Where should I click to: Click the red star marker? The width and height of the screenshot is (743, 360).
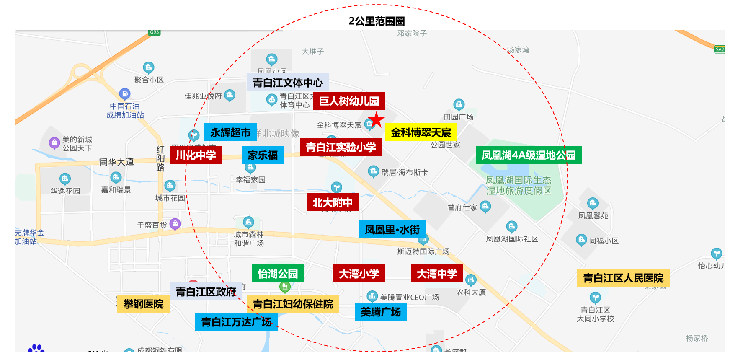tap(377, 119)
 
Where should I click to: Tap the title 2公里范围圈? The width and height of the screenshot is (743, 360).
tap(377, 21)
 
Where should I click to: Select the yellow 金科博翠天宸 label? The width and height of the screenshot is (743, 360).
tap(421, 133)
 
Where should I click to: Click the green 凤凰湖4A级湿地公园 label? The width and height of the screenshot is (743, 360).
tap(529, 155)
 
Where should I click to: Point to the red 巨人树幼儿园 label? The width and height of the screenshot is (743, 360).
tap(349, 101)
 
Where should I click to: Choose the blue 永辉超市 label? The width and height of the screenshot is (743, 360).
tap(230, 132)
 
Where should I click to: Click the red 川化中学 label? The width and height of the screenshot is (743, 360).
tap(196, 155)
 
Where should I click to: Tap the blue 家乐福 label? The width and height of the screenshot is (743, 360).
tap(263, 155)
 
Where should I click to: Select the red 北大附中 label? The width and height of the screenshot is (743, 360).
tap(333, 203)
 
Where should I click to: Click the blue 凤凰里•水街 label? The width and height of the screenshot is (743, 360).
tap(392, 230)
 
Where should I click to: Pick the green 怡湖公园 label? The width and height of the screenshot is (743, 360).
tap(278, 274)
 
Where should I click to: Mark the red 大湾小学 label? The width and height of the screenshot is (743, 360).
tap(359, 274)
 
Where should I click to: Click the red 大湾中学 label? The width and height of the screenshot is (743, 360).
tap(437, 274)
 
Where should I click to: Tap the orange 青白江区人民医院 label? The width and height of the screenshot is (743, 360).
tap(623, 278)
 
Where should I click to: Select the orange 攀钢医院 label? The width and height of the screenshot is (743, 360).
tap(143, 304)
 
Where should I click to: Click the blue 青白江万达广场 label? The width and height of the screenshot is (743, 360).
tap(236, 322)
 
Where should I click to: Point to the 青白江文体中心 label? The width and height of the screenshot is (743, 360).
tap(288, 83)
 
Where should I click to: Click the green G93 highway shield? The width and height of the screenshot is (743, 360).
tap(155, 32)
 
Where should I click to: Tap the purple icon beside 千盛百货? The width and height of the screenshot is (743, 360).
tap(175, 223)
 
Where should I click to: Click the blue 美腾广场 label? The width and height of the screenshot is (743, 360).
tap(381, 312)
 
